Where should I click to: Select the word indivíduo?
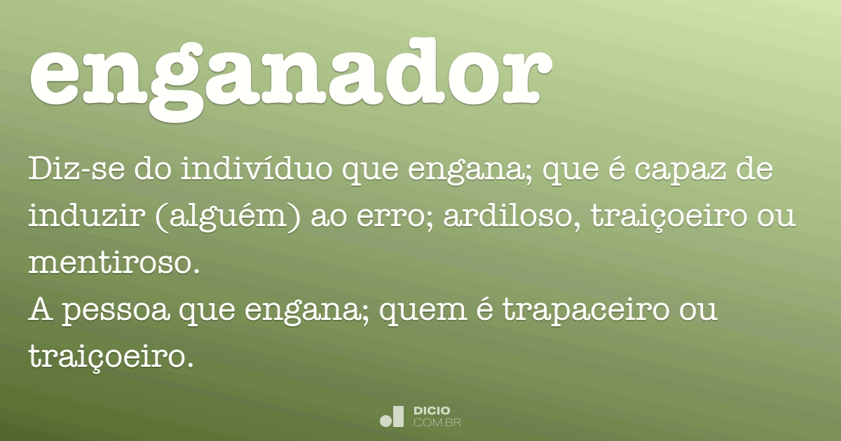tap(257, 169)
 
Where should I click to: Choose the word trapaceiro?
tap(586, 311)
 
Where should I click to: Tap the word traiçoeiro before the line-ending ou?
tap(669, 217)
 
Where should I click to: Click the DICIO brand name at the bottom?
tap(432, 411)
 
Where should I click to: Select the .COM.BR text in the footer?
tap(436, 423)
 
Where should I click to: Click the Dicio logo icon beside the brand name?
tap(392, 416)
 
